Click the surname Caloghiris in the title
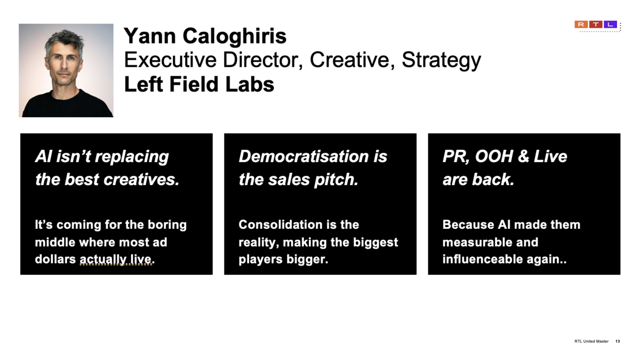point(234,36)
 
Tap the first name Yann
point(149,36)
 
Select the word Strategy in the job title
point(442,61)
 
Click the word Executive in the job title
point(170,60)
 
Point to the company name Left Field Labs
point(199,84)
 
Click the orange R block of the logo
point(581,25)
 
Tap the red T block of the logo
point(596,25)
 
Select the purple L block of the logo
point(610,25)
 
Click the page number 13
point(618,341)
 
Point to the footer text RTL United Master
point(591,341)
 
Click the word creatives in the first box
point(141,179)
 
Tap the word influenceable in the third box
point(482,259)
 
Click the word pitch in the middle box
point(336,180)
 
